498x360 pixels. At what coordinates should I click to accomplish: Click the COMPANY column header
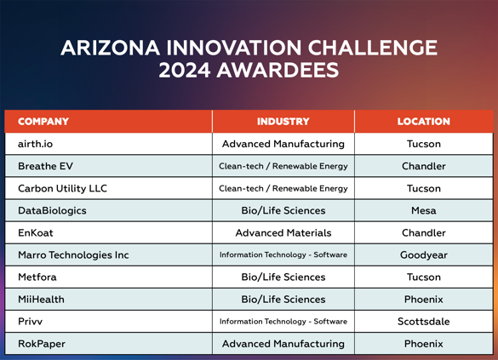(43, 121)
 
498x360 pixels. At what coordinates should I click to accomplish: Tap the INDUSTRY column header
(283, 121)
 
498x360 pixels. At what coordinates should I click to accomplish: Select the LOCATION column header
(424, 121)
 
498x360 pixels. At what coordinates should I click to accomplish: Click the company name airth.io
(35, 144)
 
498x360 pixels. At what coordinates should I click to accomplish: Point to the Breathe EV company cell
(45, 166)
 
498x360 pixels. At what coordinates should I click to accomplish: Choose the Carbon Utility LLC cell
(62, 188)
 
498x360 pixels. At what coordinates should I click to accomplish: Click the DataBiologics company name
(52, 210)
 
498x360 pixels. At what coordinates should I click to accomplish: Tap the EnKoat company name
(36, 232)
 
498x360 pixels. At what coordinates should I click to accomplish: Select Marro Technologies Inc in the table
(73, 255)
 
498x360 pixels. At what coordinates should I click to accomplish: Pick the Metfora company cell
(37, 277)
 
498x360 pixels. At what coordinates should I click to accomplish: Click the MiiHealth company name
(41, 300)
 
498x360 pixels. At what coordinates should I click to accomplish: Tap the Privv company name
(30, 322)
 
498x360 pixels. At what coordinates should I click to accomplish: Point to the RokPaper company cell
(42, 344)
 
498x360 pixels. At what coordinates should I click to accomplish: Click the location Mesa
(424, 210)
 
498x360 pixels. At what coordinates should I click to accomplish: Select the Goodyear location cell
(424, 255)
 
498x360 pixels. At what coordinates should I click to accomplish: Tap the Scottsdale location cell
(424, 322)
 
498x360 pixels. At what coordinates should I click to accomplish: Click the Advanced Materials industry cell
(283, 232)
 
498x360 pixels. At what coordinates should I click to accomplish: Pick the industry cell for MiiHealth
(283, 300)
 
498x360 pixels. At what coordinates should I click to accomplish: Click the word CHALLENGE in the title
(372, 48)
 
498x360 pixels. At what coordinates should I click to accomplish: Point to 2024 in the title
(185, 70)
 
